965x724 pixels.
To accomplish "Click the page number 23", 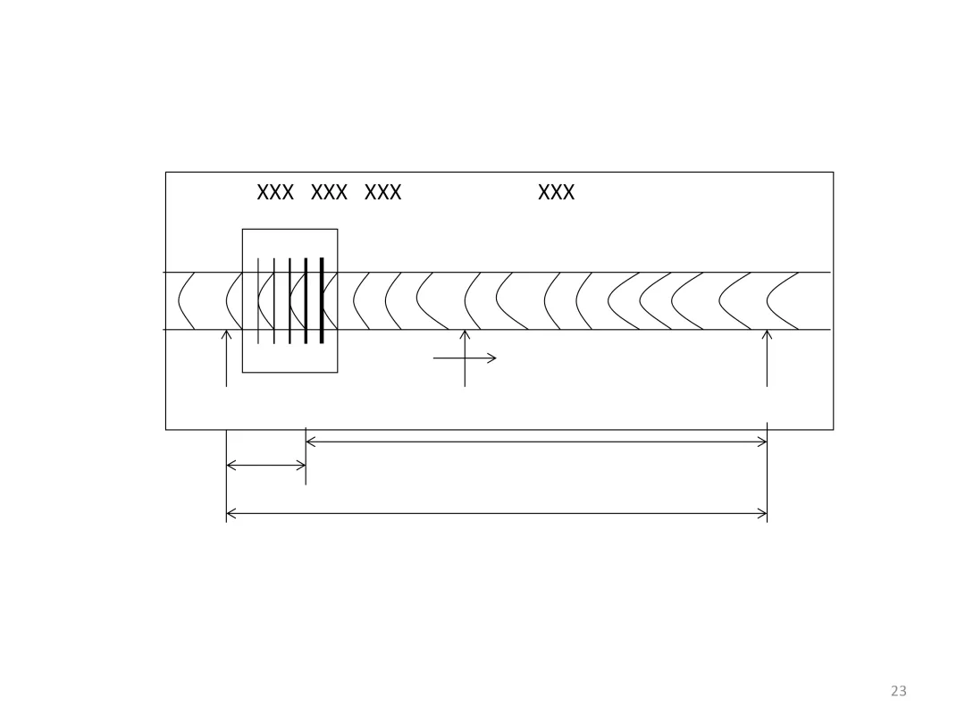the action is tap(899, 691).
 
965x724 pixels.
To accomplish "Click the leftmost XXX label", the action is tap(275, 192).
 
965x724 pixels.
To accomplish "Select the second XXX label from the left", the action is tap(329, 192).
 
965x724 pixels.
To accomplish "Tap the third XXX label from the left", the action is tap(382, 192).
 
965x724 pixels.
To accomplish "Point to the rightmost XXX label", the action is tap(557, 192).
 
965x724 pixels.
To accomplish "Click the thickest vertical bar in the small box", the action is tap(322, 300).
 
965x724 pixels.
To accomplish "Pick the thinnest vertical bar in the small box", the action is tap(258, 300).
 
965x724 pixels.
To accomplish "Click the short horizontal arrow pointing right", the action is tap(465, 358).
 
